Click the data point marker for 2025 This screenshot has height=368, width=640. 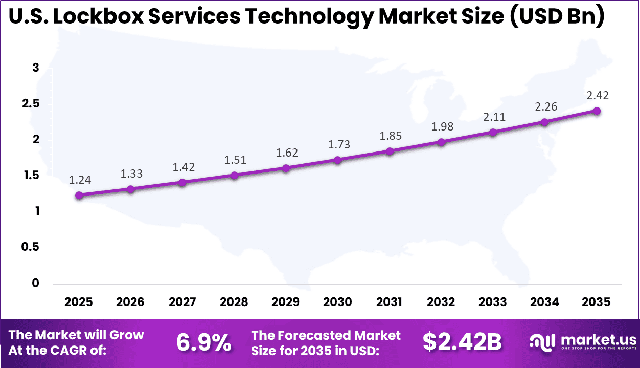click(79, 195)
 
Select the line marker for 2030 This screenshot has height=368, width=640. click(337, 160)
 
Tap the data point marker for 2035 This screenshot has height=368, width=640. click(596, 111)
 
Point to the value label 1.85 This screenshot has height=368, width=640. click(390, 136)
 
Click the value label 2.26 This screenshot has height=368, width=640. click(545, 106)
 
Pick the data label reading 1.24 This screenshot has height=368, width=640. click(79, 180)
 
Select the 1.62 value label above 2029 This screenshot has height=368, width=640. click(286, 153)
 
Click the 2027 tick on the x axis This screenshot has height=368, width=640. click(182, 302)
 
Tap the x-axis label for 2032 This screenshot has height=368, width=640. click(441, 302)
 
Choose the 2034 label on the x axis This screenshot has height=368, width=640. click(544, 302)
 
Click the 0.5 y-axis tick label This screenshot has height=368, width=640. click(30, 247)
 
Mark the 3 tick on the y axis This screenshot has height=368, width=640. click(36, 68)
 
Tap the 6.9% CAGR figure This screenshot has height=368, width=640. click(203, 342)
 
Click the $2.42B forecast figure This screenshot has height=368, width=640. click(462, 342)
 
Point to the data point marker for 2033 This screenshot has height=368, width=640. click(493, 132)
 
